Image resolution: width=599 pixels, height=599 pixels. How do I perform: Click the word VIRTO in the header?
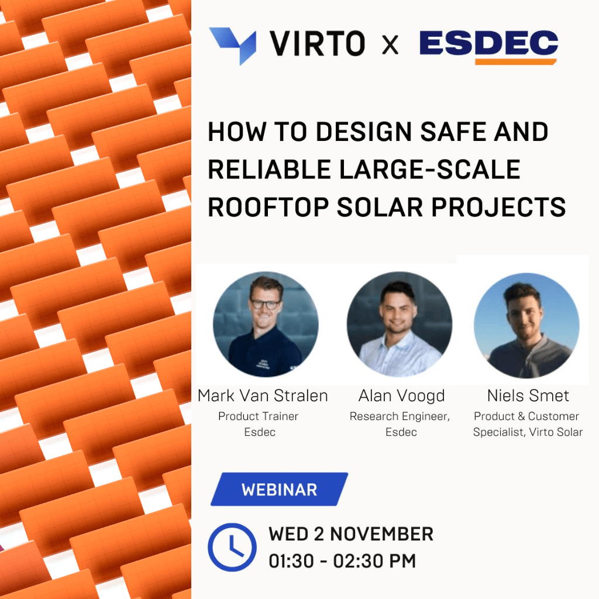pos(317,43)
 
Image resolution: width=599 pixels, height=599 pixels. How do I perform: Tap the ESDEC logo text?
pos(488,43)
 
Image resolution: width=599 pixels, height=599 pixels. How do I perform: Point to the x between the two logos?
pos(390,44)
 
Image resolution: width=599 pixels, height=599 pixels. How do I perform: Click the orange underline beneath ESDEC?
pos(516,61)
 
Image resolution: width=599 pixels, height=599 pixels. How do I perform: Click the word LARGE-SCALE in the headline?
pos(430,169)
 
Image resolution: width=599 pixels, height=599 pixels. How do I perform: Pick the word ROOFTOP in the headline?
pos(268,207)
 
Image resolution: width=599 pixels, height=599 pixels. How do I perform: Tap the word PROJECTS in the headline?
pos(498,207)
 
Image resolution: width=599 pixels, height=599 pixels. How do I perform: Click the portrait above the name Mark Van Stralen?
pos(266,324)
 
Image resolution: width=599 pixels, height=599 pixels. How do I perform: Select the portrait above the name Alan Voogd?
pos(399,324)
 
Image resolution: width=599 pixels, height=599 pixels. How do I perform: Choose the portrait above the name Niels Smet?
pos(526,325)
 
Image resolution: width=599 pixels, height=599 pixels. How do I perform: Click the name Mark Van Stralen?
pos(263,396)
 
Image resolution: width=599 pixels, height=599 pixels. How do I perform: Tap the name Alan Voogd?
pos(401,396)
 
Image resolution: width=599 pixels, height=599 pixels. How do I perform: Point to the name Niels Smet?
pos(528,396)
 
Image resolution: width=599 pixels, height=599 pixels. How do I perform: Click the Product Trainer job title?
pos(258,416)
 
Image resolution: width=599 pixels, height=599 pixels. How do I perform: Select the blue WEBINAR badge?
pos(279,490)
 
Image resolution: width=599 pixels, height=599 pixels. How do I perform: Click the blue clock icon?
pos(232,547)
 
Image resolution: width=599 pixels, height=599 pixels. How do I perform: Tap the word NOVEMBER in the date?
pos(381,534)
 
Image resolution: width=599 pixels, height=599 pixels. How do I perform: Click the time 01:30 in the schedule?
pos(291,561)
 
